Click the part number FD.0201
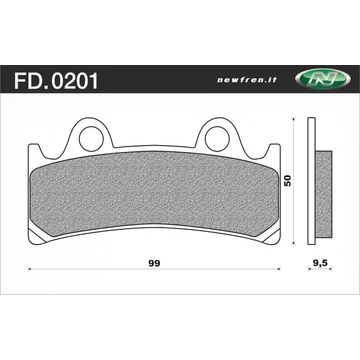pos(56,81)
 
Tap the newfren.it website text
pos(247,80)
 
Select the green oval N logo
pos(323,79)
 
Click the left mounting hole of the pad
pos(92,139)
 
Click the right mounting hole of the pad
pos(217,139)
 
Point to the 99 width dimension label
pos(155,263)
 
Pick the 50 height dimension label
pos(288,181)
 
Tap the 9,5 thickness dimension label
pos(320,263)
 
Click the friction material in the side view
pos(323,194)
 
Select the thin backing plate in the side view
pos(311,181)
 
